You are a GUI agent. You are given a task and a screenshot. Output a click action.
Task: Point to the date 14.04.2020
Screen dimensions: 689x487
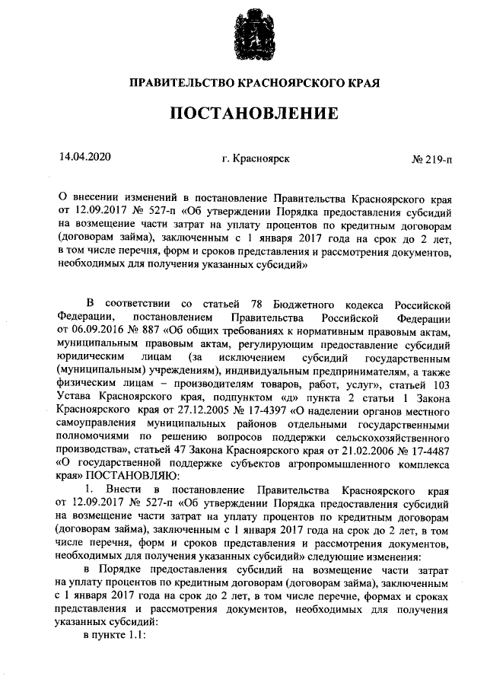[x=84, y=158]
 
